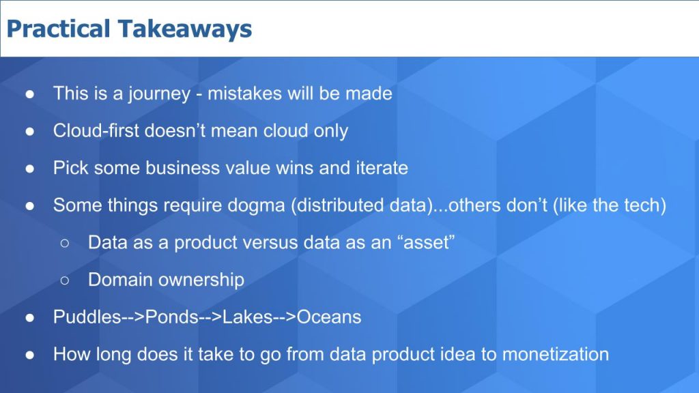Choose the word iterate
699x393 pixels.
[x=382, y=168]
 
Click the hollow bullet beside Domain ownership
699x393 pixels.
[x=66, y=280]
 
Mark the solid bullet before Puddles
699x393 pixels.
[x=31, y=317]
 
